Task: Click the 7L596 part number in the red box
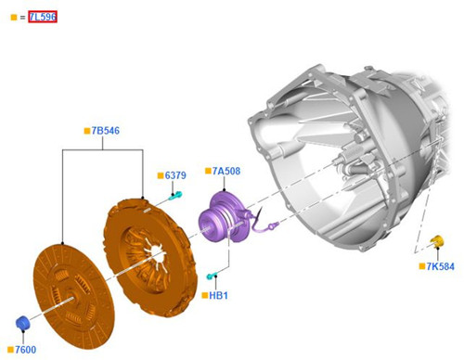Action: coord(43,17)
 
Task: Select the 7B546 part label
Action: coord(106,131)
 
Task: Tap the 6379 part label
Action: coord(175,175)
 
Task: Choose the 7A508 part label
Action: coord(226,171)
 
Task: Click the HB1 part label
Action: coord(218,295)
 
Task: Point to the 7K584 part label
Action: coord(441,266)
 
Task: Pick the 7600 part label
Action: coord(26,350)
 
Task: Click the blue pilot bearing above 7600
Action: coord(22,323)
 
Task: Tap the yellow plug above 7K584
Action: coord(437,241)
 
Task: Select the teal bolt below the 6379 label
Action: coord(175,196)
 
